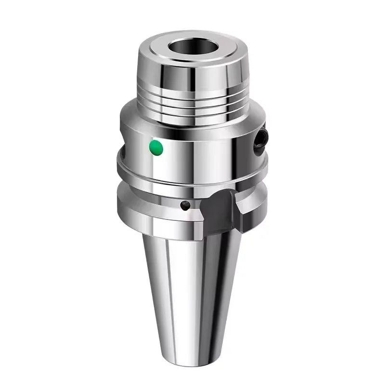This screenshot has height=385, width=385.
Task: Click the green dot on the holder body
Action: point(156,147)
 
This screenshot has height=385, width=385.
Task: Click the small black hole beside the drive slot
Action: point(184,205)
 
